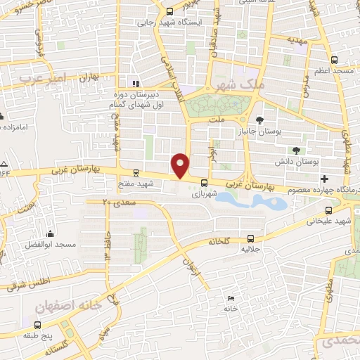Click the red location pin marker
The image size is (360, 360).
pyautogui.click(x=181, y=165)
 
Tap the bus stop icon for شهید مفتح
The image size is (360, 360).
pyautogui.click(x=136, y=172)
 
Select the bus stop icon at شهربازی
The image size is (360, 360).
pyautogui.click(x=204, y=186)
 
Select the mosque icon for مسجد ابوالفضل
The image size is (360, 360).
pyautogui.click(x=49, y=234)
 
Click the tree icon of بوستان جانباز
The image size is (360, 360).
pyautogui.click(x=260, y=121)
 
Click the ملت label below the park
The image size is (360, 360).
pyautogui.click(x=218, y=120)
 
